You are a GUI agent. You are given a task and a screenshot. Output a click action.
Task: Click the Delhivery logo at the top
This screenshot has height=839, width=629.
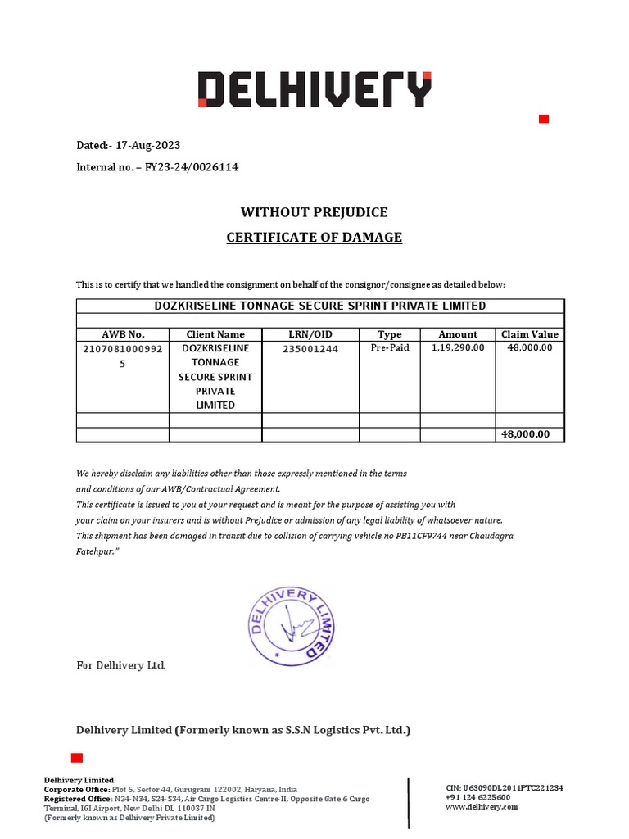click(314, 89)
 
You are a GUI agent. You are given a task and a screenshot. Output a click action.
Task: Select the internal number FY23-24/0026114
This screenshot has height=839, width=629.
click(192, 167)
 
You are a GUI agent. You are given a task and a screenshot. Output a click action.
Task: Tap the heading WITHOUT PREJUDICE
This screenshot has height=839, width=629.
click(314, 212)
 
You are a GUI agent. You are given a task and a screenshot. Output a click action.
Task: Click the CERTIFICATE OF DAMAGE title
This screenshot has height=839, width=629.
click(314, 238)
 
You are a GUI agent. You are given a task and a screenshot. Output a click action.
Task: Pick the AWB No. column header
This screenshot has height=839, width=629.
click(123, 334)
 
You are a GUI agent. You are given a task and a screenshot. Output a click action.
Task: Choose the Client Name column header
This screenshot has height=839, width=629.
click(215, 334)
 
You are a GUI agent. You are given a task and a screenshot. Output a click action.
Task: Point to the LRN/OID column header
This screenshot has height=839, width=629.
click(310, 334)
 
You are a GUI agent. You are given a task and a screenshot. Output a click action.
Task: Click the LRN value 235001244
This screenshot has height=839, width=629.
click(310, 349)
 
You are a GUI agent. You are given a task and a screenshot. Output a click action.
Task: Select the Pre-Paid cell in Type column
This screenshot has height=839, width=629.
click(390, 348)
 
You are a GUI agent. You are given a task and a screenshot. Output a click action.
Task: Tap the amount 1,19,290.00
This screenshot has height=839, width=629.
click(458, 348)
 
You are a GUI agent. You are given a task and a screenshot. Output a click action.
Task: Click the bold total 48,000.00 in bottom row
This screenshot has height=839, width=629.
click(526, 434)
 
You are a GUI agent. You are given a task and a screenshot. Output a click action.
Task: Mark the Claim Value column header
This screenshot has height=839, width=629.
click(530, 334)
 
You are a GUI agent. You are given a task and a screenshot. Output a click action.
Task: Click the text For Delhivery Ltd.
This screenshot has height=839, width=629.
click(121, 665)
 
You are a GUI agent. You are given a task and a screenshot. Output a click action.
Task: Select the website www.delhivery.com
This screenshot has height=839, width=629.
click(482, 807)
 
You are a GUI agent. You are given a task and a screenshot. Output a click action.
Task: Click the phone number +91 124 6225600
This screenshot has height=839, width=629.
click(477, 797)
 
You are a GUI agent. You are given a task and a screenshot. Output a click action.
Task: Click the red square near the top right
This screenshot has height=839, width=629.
click(543, 120)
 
